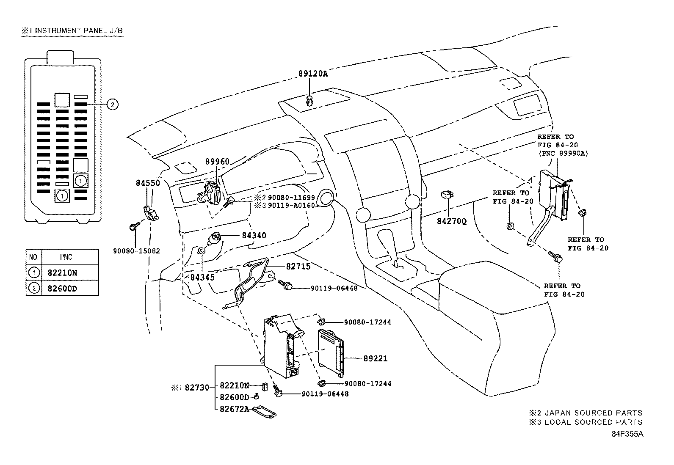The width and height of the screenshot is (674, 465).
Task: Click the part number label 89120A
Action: tap(313, 73)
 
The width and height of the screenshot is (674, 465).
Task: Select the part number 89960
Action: tap(217, 162)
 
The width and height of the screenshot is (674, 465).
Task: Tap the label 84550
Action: tap(148, 183)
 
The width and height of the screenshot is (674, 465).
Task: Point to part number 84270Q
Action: tap(452, 221)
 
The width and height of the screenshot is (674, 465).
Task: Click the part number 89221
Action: tap(376, 359)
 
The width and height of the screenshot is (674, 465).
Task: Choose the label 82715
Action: tap(298, 266)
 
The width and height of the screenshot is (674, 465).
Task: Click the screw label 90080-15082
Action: tap(136, 250)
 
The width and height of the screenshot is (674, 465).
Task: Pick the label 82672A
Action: tap(234, 409)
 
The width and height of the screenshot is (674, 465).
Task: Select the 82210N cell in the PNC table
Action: tap(62, 273)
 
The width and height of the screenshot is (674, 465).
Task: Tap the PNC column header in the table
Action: tap(66, 257)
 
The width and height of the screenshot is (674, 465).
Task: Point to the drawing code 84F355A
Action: tap(627, 434)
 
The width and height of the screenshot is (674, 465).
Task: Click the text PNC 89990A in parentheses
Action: tap(563, 153)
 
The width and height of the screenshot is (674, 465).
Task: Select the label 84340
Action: tap(254, 235)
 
